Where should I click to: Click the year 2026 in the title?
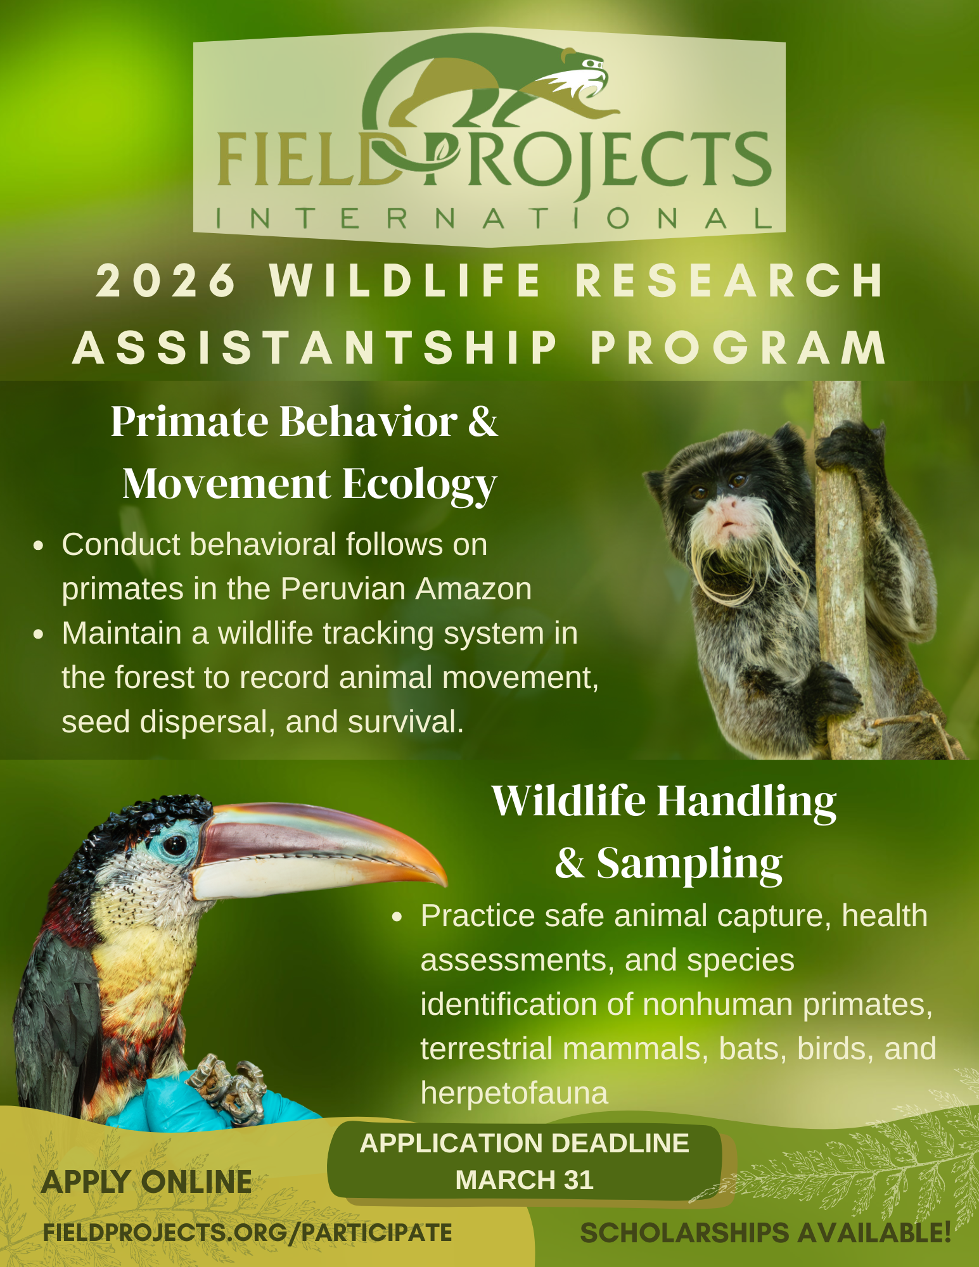[x=166, y=280]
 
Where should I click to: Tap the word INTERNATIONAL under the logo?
[x=494, y=219]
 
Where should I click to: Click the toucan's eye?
[x=174, y=844]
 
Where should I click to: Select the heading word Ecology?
[x=419, y=485]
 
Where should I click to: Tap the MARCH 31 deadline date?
[x=524, y=1180]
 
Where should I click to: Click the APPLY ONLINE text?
[x=146, y=1182]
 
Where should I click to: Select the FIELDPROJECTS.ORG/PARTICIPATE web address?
[x=248, y=1233]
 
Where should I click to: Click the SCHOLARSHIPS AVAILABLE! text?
[x=765, y=1233]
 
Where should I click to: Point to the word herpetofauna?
[x=514, y=1093]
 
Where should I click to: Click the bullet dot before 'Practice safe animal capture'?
[x=397, y=917]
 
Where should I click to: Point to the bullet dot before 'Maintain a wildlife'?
[x=39, y=634]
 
